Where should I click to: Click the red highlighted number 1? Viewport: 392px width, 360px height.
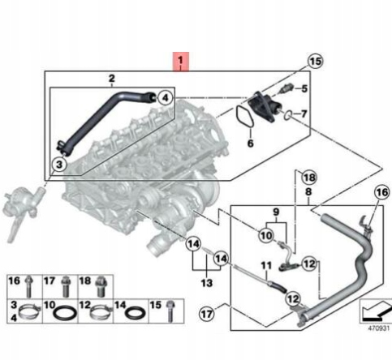point(181,61)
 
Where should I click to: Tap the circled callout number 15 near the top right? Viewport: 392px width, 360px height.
point(316,61)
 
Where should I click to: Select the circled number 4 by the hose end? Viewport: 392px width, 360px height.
point(165,97)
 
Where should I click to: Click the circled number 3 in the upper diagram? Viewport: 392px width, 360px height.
point(59,164)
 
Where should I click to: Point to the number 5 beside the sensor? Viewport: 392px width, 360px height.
point(304,88)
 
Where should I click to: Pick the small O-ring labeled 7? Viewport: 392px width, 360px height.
point(287,115)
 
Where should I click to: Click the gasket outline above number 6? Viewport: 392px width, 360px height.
point(244,117)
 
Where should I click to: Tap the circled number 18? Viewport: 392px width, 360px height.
point(309,178)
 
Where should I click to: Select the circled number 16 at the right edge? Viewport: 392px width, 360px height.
point(382,192)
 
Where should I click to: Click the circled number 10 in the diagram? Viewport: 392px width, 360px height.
point(266,235)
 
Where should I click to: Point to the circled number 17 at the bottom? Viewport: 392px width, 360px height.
point(207,314)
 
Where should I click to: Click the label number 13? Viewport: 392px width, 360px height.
point(207,283)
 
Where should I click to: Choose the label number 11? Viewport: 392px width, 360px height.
point(266,266)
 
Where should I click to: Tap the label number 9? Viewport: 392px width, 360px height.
point(276,212)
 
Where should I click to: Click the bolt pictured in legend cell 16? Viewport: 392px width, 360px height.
point(28,286)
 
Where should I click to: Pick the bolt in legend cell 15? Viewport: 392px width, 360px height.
point(170,311)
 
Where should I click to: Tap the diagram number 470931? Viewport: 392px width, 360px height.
point(378,328)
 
